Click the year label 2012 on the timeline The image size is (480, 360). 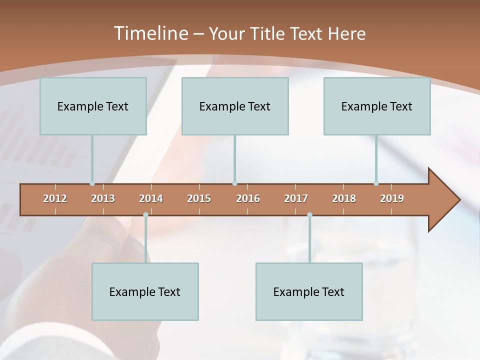pos(55,198)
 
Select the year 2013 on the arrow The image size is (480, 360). pos(103,198)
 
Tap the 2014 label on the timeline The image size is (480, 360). pos(151,198)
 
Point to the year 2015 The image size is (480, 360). pos(199,198)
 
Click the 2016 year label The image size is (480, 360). pos(248,198)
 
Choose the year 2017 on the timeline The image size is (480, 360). pos(296,198)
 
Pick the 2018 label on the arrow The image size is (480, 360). pos(344,198)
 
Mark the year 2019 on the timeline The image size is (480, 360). pos(392,198)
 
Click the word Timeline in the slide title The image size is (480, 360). pos(150,33)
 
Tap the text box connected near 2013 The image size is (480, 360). pos(93,106)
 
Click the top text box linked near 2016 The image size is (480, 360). pos(235,106)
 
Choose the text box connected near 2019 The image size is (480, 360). pos(377,106)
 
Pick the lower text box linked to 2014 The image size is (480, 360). pos(145,291)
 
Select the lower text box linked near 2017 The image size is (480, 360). pos(309,291)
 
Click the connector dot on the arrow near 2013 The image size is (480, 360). pos(92,183)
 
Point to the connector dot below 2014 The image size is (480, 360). pos(145,215)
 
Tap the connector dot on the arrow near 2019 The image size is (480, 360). pos(376,183)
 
